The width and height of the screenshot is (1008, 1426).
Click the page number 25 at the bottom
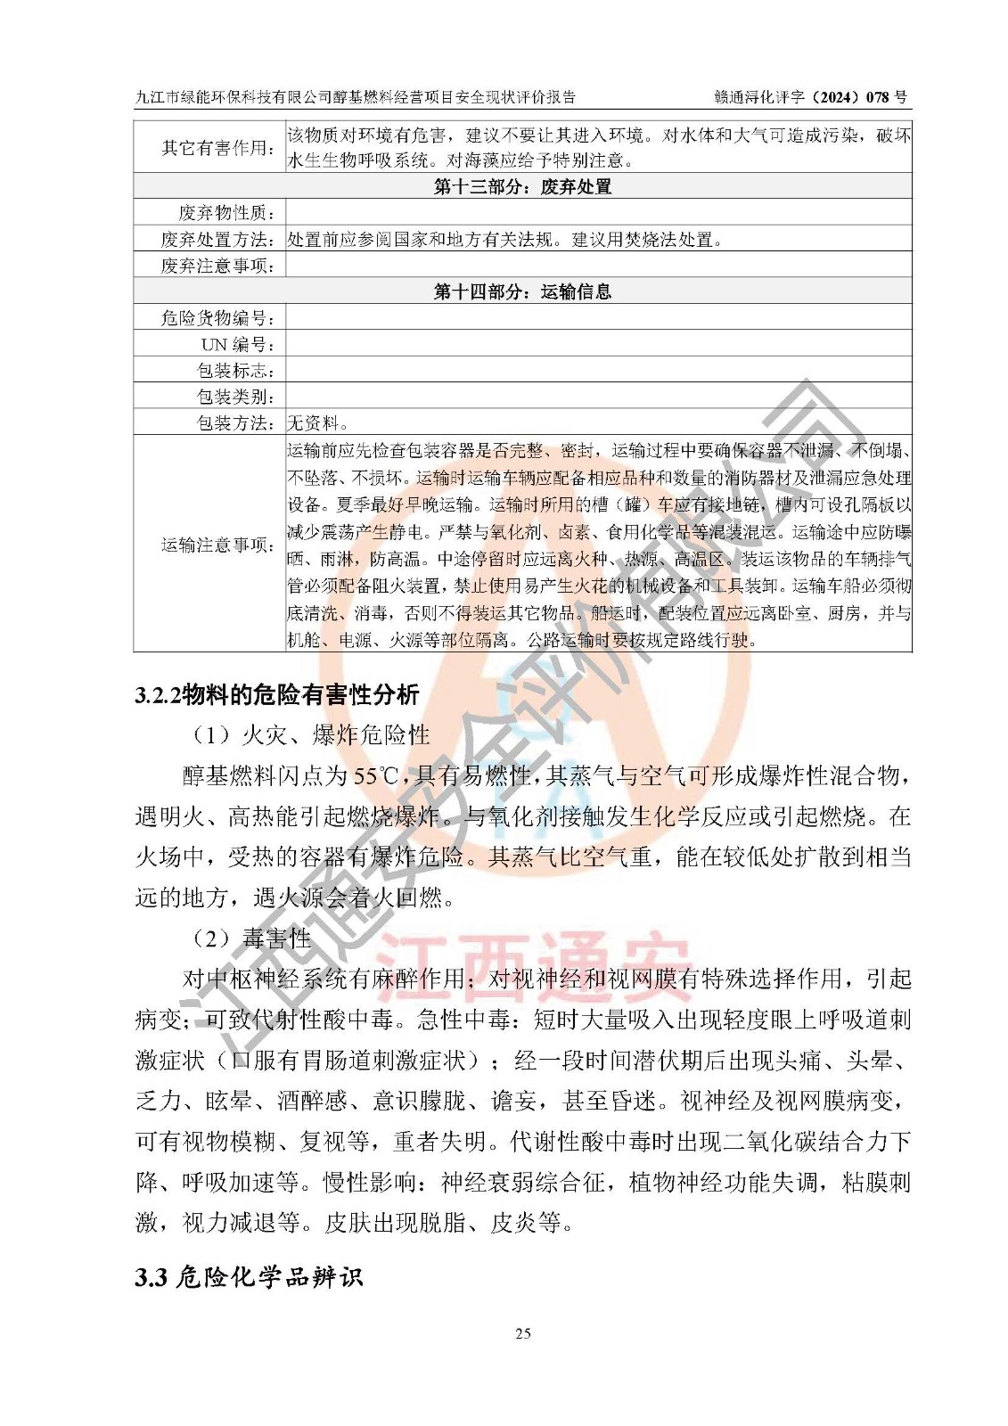tap(522, 1333)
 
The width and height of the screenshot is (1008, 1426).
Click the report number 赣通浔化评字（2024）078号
tap(810, 97)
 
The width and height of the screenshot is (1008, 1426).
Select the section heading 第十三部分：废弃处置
tap(522, 186)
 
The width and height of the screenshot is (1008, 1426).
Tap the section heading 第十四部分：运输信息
tap(522, 291)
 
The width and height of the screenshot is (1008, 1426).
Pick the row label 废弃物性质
tap(226, 213)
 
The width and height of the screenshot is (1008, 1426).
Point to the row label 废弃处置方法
tap(217, 240)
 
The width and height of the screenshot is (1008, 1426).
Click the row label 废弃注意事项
tap(217, 266)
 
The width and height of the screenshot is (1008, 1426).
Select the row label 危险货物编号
tap(217, 318)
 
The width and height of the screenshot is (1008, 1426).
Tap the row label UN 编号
tap(237, 345)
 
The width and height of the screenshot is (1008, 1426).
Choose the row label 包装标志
tap(235, 371)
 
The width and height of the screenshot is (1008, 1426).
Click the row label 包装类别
tap(235, 397)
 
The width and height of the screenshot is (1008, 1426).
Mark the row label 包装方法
tap(235, 423)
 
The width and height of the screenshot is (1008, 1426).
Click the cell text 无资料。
tap(318, 423)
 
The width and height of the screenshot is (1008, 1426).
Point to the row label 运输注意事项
tap(217, 545)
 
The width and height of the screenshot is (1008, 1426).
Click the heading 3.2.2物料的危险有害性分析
tap(277, 695)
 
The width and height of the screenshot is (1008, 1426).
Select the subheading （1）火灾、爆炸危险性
tap(310, 735)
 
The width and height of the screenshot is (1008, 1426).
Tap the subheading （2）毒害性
tap(250, 938)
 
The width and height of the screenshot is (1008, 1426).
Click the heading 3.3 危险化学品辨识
tap(249, 1277)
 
